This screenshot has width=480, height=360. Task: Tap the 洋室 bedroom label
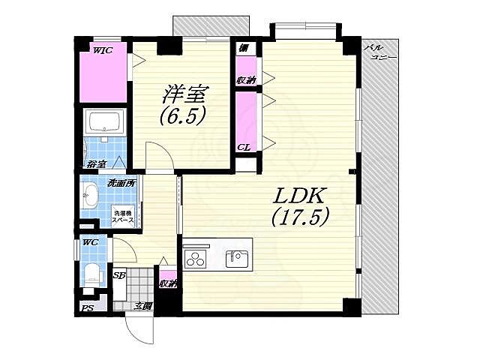click(185, 94)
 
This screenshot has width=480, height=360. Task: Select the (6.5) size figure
click(181, 117)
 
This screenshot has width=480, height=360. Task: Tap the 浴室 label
click(94, 163)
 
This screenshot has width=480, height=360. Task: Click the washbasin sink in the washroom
click(88, 196)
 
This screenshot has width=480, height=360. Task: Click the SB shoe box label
click(118, 275)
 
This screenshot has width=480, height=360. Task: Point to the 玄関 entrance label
click(143, 305)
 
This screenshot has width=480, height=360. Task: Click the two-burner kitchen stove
click(196, 259)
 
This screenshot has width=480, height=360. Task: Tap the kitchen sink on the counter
click(237, 258)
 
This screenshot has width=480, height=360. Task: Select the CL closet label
click(244, 147)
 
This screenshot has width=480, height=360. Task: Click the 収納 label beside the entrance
click(168, 283)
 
